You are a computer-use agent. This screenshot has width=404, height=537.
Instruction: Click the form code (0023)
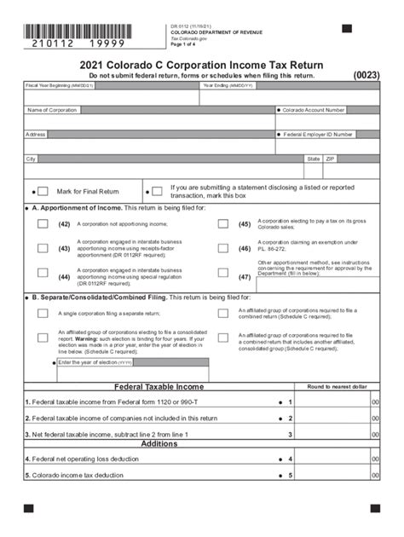366,75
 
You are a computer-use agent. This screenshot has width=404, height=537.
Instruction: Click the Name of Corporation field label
52,110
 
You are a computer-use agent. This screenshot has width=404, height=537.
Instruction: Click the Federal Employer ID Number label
316,134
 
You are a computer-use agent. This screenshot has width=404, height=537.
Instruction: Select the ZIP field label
331,159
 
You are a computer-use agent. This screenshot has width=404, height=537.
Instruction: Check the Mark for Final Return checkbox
42,192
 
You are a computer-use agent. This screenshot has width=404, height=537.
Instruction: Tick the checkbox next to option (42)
42,224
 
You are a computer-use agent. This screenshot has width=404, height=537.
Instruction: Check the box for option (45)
222,224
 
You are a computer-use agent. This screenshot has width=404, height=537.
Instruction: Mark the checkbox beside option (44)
42,273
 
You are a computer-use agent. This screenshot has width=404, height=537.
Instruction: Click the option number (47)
245,277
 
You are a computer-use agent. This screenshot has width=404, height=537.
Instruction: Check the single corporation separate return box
42,313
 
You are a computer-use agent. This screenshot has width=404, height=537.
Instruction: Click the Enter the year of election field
128,362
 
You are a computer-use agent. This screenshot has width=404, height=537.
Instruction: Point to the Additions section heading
159,443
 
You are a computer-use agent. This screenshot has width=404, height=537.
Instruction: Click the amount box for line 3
332,434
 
